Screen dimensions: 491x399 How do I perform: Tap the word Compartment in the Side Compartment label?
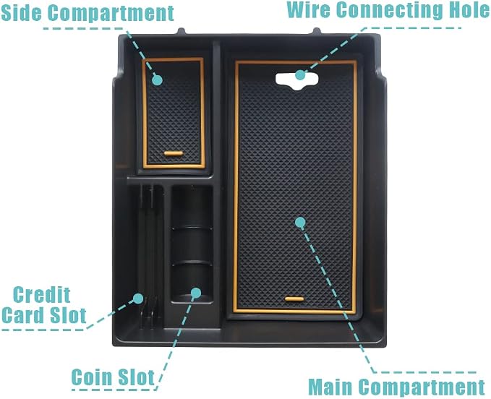point(111,13)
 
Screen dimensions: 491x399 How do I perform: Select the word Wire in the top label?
point(309,9)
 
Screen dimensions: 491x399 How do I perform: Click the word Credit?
point(42,294)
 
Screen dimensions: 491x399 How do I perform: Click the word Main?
point(330,387)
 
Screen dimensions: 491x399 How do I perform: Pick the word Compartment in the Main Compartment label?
point(422,387)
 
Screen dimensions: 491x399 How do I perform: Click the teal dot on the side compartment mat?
point(157,80)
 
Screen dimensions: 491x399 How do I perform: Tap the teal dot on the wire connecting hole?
point(300,74)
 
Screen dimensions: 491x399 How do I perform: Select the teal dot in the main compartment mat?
point(300,222)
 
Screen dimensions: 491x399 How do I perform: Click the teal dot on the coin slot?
point(196,293)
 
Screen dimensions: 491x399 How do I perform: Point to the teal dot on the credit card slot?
point(138,299)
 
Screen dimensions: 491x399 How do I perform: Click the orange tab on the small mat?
point(173,153)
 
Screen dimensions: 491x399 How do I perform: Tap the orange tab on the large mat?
point(294,299)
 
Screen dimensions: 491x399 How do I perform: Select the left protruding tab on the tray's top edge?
point(181,31)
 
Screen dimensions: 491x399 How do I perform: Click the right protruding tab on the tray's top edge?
point(316,31)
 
